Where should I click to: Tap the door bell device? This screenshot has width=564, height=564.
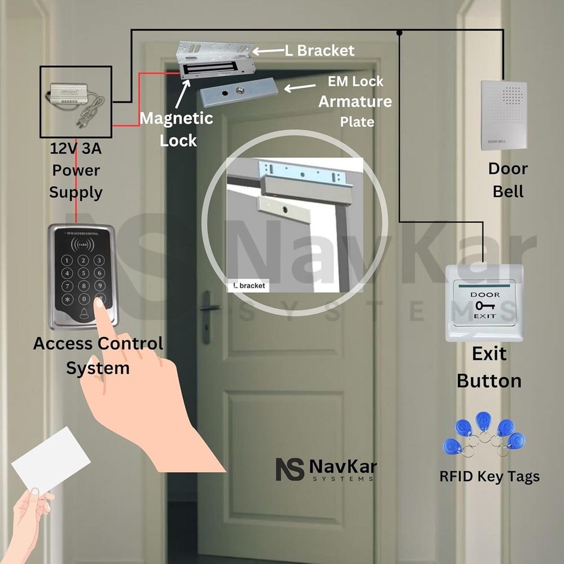tap(503, 115)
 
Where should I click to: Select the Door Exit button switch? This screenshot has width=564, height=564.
tap(484, 303)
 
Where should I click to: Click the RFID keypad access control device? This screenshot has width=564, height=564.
tap(83, 276)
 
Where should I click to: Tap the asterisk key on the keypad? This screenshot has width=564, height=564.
tap(68, 299)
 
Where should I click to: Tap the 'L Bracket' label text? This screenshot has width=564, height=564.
tap(320, 51)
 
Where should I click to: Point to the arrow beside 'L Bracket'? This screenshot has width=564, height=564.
tap(267, 51)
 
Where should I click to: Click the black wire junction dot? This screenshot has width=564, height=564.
tap(399, 33)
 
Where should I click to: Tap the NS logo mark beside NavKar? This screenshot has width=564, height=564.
tap(290, 469)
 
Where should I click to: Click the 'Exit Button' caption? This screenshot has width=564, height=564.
tap(489, 367)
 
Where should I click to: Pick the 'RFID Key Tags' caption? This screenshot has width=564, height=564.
tap(490, 477)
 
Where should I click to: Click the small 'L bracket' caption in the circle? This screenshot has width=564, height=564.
tap(249, 286)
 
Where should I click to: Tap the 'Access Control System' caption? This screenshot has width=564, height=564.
tap(98, 355)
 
